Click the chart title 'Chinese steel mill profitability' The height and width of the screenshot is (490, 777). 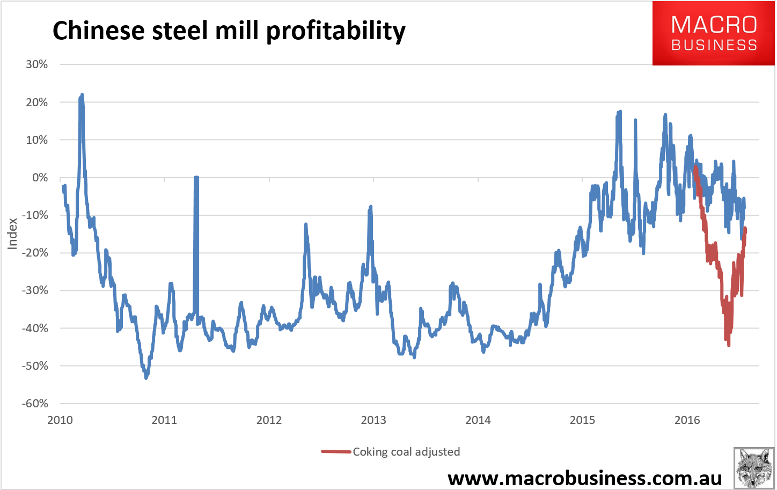pyautogui.click(x=229, y=31)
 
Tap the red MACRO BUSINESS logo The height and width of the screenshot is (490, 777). pyautogui.click(x=714, y=33)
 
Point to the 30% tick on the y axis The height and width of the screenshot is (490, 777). pyautogui.click(x=36, y=64)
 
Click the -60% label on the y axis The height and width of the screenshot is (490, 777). pyautogui.click(x=35, y=404)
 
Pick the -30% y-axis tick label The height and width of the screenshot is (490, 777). pyautogui.click(x=35, y=290)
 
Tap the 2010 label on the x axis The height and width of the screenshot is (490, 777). pyautogui.click(x=60, y=420)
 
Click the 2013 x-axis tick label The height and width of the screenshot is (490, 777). pyautogui.click(x=373, y=420)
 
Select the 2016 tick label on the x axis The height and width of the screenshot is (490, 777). pyautogui.click(x=687, y=420)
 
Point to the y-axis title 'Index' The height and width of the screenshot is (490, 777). pyautogui.click(x=12, y=233)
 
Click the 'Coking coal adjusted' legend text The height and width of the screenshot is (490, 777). pyautogui.click(x=406, y=452)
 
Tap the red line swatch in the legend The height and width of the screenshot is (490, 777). pyautogui.click(x=336, y=452)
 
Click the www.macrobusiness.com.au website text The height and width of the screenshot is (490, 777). pyautogui.click(x=584, y=477)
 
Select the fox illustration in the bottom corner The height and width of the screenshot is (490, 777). pyautogui.click(x=754, y=467)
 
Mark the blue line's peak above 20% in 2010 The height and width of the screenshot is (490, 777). pyautogui.click(x=82, y=95)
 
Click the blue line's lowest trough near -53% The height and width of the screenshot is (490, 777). pyautogui.click(x=146, y=378)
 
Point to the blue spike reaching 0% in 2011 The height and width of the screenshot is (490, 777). pyautogui.click(x=196, y=178)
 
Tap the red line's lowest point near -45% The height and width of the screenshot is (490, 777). pyautogui.click(x=728, y=345)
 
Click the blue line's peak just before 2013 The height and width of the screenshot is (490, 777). pyautogui.click(x=370, y=207)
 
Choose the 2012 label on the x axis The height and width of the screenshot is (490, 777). pyautogui.click(x=269, y=420)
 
